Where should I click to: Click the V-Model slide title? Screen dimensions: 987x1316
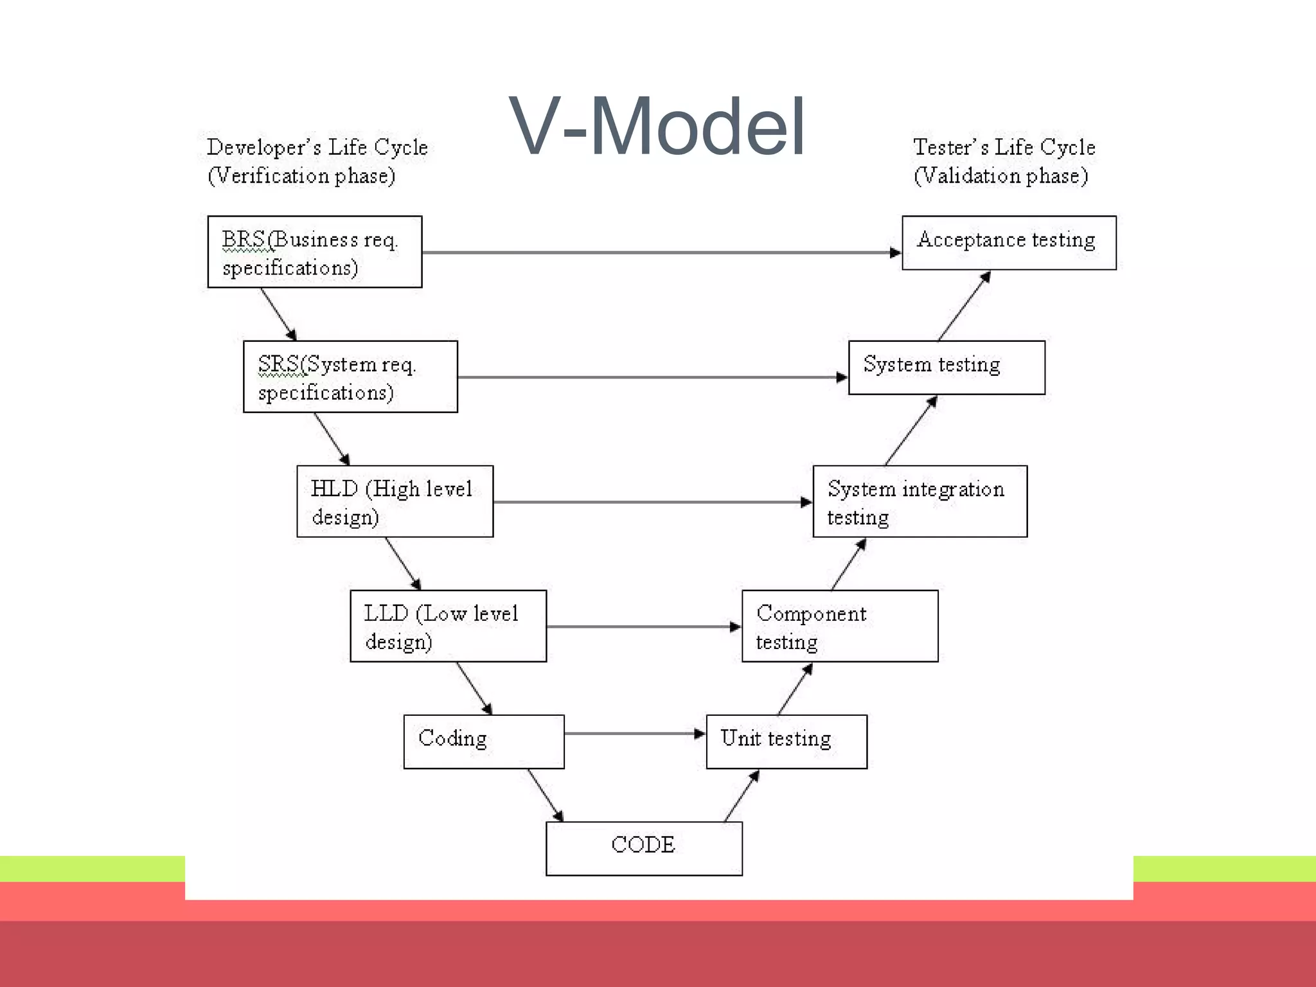[x=657, y=126]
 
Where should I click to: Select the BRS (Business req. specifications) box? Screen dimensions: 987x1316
[x=314, y=252]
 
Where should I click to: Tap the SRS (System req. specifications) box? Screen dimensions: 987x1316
[x=350, y=377]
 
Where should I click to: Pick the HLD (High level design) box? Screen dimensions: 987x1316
[x=395, y=501]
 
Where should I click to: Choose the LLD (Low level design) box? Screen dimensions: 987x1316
[x=448, y=626]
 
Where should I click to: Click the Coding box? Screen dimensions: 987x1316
[x=483, y=742]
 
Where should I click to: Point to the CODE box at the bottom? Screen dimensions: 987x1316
[x=644, y=848]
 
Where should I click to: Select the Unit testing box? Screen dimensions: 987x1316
[x=787, y=742]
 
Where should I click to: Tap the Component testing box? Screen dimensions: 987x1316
[x=840, y=626]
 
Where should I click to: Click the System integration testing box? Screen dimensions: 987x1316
[x=920, y=501]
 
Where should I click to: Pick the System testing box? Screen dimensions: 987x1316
[x=947, y=368]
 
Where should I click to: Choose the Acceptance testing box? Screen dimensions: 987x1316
[x=1009, y=243]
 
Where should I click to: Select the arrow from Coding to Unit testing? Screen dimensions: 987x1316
[x=635, y=733]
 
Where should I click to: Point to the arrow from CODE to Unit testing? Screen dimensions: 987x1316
[x=742, y=796]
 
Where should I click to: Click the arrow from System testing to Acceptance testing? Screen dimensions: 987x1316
[x=964, y=306]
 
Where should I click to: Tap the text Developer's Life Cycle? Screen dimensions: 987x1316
[x=317, y=147]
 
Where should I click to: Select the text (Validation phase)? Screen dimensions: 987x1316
[x=1000, y=175]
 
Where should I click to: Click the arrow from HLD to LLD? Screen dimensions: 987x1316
[x=403, y=564]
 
